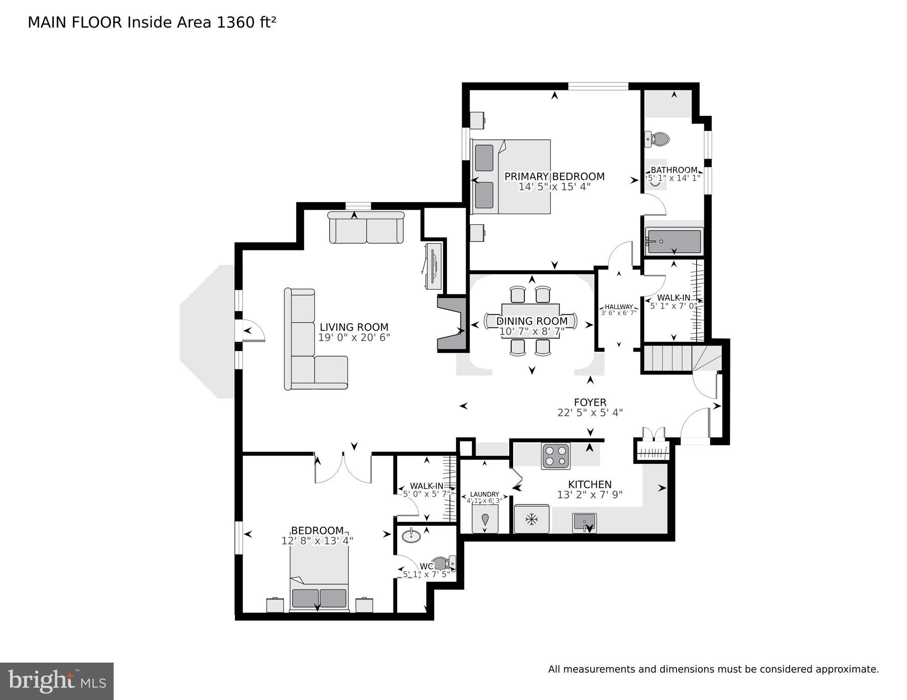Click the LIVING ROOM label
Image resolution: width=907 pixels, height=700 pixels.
tap(354, 327)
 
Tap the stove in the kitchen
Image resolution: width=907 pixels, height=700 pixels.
tap(556, 456)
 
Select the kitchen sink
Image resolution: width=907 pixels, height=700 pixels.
tap(584, 523)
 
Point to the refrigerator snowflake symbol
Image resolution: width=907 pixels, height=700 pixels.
tap(531, 519)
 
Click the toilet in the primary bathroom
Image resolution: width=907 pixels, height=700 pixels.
tap(657, 139)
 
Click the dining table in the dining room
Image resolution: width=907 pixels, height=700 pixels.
tap(530, 321)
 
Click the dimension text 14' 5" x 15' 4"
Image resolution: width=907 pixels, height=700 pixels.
tap(554, 187)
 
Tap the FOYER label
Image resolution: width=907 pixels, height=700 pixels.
tap(590, 402)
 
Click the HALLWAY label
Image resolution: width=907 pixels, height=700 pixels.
tap(619, 307)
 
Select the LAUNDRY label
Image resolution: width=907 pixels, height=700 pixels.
tap(484, 494)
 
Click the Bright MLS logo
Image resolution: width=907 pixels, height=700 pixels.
tap(57, 681)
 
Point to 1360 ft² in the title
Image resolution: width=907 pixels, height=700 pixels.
tap(246, 22)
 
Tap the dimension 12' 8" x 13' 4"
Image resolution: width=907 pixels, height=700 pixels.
tap(317, 541)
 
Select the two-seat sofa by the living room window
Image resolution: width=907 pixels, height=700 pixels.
tap(367, 228)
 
